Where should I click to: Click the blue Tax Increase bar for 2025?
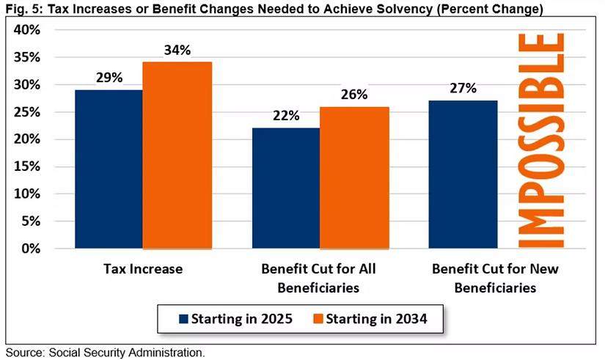(109, 169)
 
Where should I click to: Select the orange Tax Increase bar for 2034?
(177, 155)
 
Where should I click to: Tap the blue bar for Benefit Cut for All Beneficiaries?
(286, 188)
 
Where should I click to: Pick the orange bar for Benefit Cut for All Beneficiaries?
(354, 177)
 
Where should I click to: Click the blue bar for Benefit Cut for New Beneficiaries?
(463, 175)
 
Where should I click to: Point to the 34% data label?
(177, 50)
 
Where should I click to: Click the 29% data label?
(109, 78)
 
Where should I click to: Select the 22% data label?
(286, 115)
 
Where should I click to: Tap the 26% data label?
(354, 95)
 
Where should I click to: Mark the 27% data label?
(463, 89)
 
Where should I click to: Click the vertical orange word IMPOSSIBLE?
(541, 141)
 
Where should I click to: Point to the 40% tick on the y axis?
(27, 30)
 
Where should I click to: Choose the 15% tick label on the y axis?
(27, 166)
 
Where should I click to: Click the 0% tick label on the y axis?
(31, 249)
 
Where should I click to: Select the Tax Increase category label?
(143, 269)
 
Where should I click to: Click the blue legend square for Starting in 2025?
(183, 319)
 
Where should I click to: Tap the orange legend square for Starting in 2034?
(318, 319)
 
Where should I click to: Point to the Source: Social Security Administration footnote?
(105, 353)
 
